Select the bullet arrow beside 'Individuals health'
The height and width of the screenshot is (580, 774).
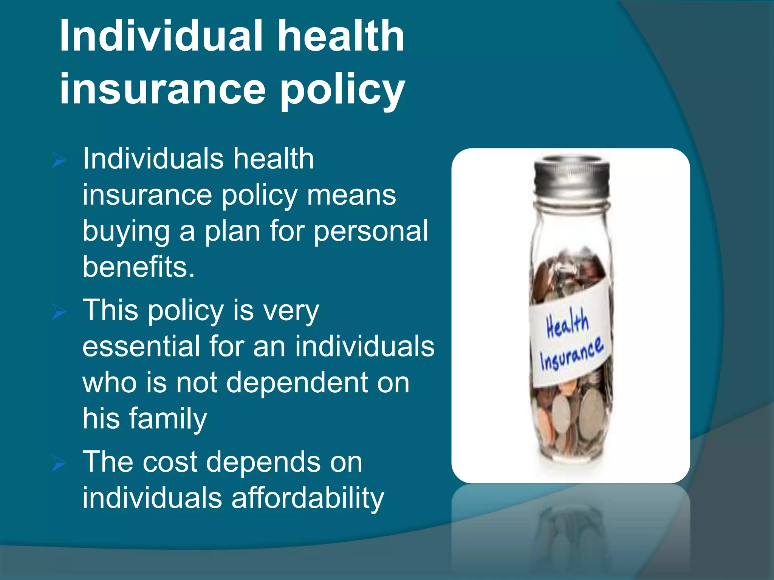pos(59,160)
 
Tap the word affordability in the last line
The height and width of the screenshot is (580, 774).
pos(308,498)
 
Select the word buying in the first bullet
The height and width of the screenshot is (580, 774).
pos(126,231)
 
